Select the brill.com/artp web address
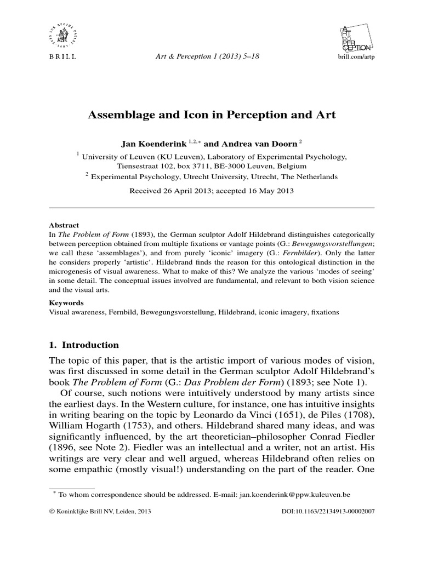pos(354,56)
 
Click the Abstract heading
pos(64,225)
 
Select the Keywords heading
pos(66,302)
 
